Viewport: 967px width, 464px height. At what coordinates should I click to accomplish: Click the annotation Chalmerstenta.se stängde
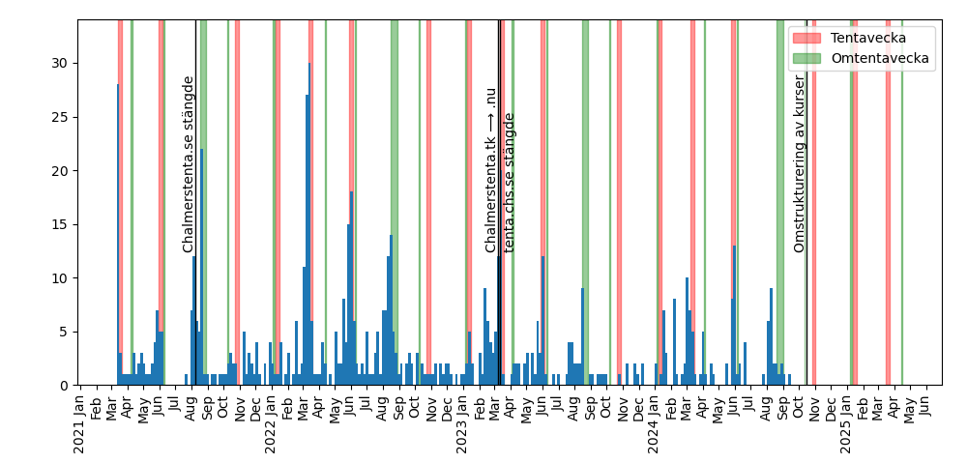(189, 164)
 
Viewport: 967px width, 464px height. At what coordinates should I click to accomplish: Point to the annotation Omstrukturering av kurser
(800, 164)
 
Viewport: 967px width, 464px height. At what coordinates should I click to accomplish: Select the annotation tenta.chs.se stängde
(510, 183)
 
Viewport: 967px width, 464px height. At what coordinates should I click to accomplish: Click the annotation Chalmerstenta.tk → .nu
(491, 170)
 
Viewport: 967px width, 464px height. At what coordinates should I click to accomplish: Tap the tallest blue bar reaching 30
(309, 222)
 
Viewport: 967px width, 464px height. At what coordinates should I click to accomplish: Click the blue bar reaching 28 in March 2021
(118, 232)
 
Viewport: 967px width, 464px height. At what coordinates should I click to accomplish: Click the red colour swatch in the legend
(807, 38)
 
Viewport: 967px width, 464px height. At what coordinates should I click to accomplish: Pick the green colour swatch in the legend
(807, 58)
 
